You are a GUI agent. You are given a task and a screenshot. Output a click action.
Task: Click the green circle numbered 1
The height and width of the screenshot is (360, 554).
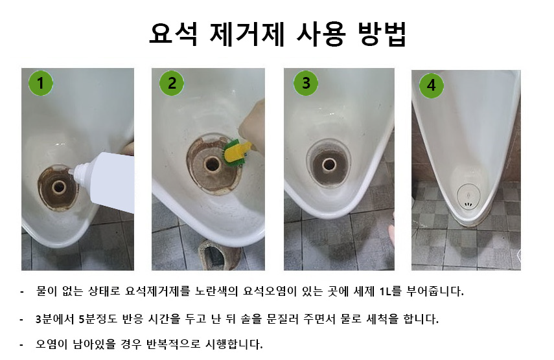pyautogui.click(x=41, y=84)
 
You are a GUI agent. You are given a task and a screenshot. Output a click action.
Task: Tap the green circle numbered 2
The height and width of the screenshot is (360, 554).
pyautogui.click(x=172, y=84)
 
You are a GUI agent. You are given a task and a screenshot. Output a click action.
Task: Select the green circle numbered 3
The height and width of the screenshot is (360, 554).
pyautogui.click(x=306, y=84)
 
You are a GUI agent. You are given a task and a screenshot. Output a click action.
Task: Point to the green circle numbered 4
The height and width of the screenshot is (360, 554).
pyautogui.click(x=432, y=85)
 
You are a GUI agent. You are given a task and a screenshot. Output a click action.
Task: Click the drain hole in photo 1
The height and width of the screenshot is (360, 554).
pyautogui.click(x=59, y=186)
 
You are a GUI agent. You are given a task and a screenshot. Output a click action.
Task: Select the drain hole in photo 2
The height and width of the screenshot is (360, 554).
pyautogui.click(x=212, y=164)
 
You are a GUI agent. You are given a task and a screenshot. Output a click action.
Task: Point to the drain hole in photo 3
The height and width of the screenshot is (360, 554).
pyautogui.click(x=329, y=164)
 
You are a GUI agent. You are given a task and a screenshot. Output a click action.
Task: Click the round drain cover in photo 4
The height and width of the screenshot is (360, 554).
pyautogui.click(x=468, y=196)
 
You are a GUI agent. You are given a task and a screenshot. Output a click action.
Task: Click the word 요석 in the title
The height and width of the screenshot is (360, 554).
pyautogui.click(x=173, y=34)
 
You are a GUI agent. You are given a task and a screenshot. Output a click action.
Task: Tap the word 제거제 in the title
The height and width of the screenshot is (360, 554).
pyautogui.click(x=247, y=34)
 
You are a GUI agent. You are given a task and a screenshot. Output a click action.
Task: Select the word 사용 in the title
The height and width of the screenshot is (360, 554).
pyautogui.click(x=321, y=34)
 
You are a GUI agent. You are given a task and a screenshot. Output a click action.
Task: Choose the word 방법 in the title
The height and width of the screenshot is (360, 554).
pyautogui.click(x=382, y=34)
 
